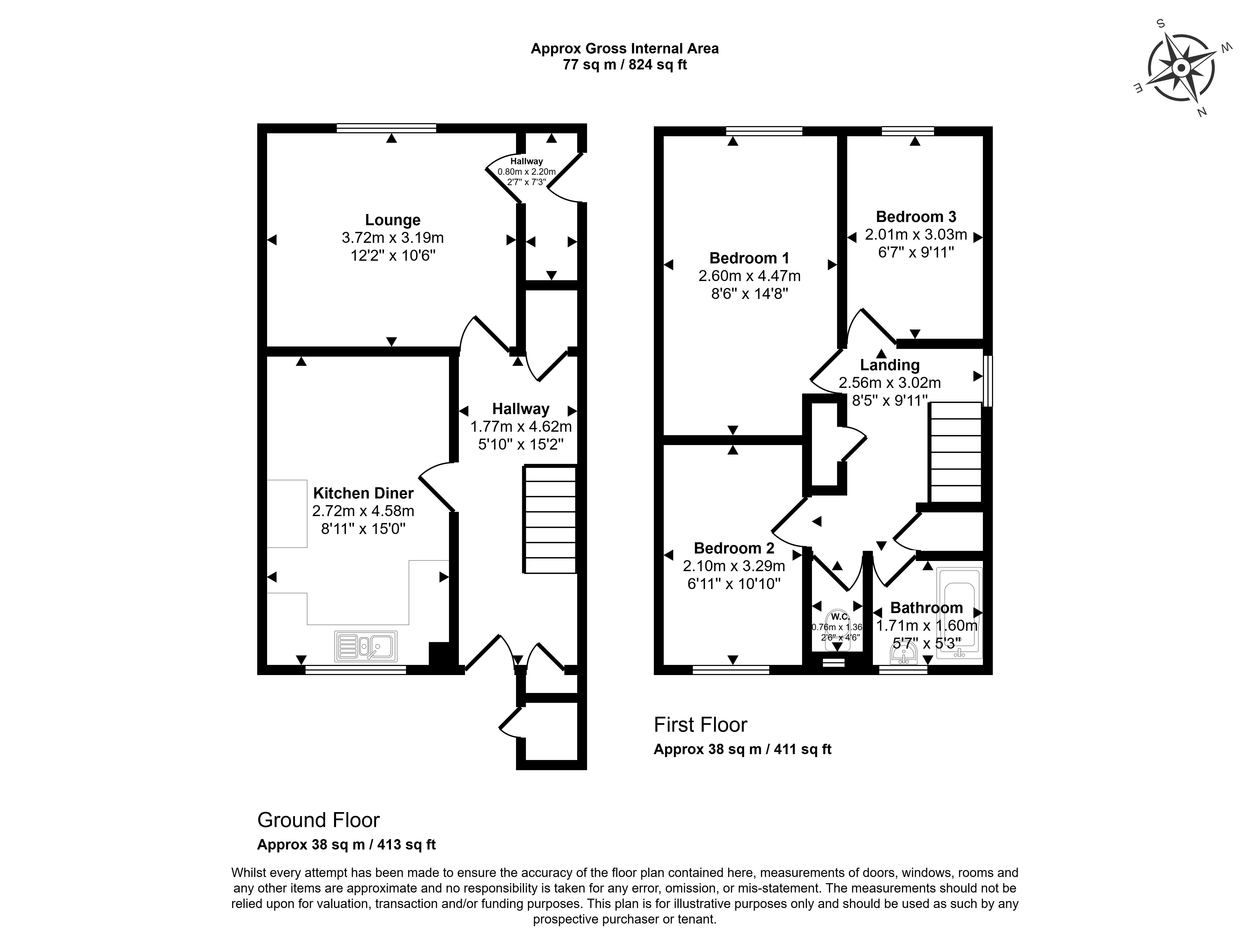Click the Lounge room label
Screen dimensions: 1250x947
393,220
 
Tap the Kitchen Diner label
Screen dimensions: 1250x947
363,493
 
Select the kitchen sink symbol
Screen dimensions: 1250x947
366,646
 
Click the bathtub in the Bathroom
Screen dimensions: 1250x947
960,613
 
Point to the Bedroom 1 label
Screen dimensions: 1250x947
749,258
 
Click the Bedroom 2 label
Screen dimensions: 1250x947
734,548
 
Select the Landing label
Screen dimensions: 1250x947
890,365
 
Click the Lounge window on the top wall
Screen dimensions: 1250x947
386,128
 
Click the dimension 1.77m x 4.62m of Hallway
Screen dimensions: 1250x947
521,427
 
